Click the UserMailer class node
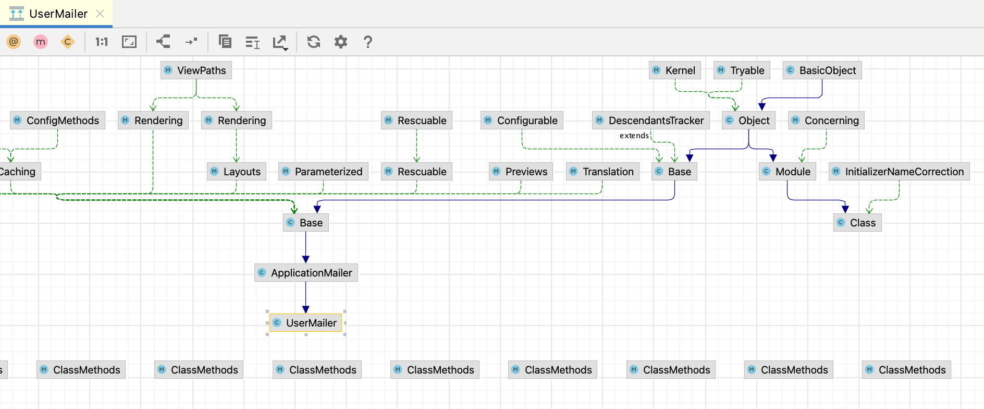306,323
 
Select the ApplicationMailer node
306,273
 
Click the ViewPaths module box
196,70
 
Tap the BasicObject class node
822,70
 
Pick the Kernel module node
675,70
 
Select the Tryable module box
742,70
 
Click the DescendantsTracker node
651,121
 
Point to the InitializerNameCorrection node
899,172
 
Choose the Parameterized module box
323,172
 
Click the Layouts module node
237,172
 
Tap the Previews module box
521,172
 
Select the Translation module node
602,172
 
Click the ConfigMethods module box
57,121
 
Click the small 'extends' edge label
634,136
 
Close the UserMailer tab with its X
100,14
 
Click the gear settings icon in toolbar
340,42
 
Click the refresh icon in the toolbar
313,42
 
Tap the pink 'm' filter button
41,42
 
